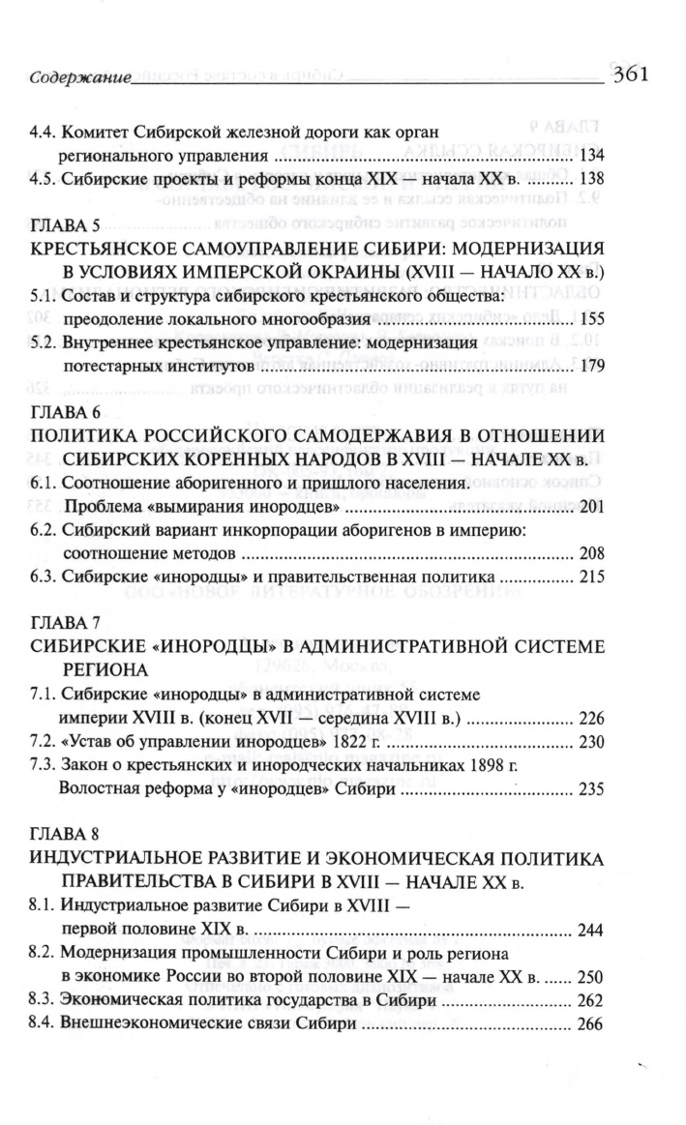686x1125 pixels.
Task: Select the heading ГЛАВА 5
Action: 61,228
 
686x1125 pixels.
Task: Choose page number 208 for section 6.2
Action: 589,554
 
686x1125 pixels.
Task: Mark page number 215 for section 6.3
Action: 589,578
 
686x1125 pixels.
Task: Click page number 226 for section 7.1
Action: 589,719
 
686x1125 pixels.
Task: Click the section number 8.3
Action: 43,1001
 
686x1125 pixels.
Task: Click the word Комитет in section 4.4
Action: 92,130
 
